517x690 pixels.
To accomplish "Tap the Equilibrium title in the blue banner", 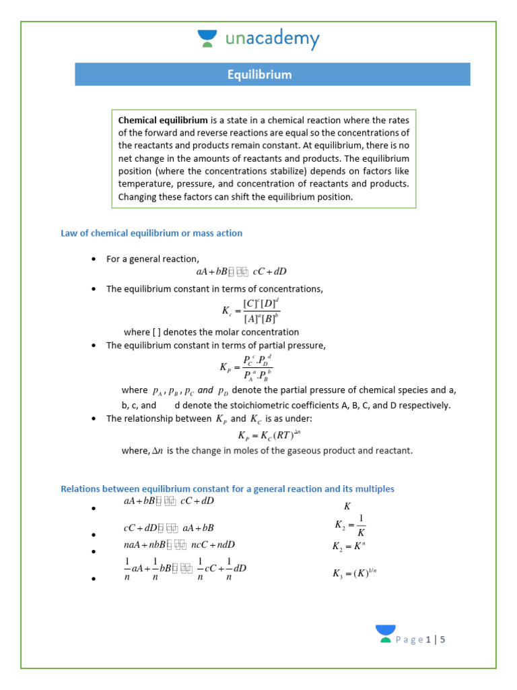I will [x=259, y=75].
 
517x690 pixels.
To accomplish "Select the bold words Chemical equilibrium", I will [x=163, y=120].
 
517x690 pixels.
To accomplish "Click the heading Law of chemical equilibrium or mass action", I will [x=151, y=233].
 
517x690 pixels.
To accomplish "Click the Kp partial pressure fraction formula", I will [x=246, y=368].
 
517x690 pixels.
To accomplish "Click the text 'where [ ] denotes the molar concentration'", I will [x=211, y=332].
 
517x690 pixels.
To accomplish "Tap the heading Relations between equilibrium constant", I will [x=228, y=489].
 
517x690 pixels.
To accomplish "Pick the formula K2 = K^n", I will [x=349, y=546].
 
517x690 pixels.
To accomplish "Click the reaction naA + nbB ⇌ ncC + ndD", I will [x=179, y=545].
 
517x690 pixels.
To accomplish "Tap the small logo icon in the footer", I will [x=386, y=633].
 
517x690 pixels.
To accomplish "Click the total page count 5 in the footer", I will [x=443, y=639].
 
